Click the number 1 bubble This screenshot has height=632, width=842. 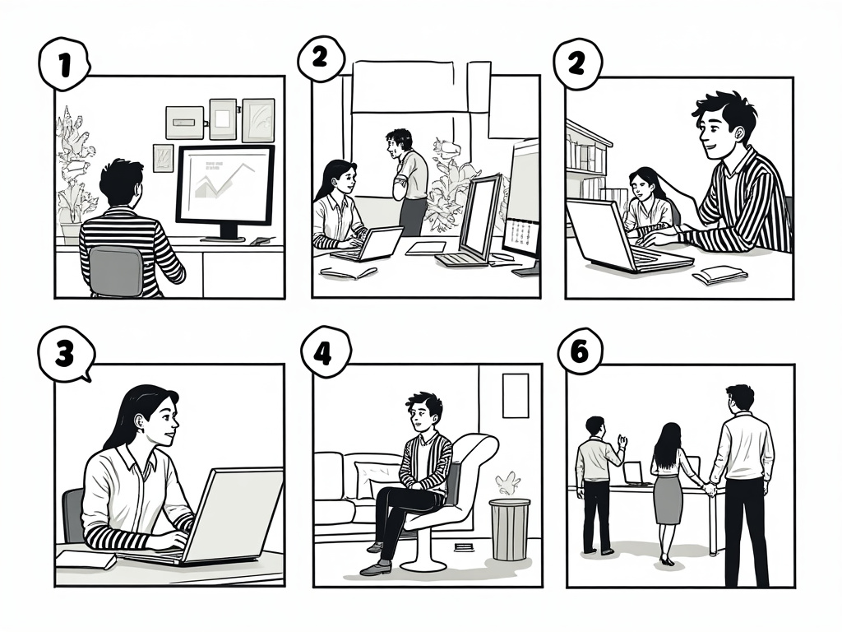pos(64,64)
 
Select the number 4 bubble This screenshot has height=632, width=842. pos(325,353)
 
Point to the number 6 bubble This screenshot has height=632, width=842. pos(580,352)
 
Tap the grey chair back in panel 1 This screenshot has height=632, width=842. pos(116,270)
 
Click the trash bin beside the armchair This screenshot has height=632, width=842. pos(509,529)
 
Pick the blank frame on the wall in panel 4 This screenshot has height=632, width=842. pos(516,396)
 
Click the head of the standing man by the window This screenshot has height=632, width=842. pos(399,142)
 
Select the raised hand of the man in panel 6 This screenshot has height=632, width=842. pos(622,441)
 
